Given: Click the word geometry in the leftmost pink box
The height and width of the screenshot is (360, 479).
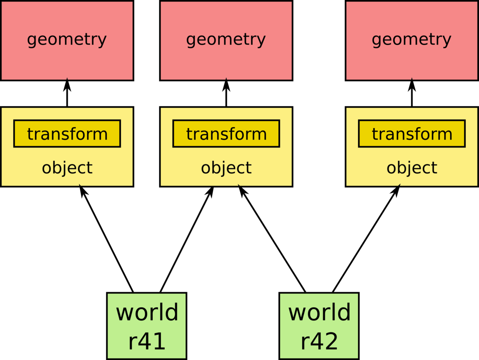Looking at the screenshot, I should click(67, 40).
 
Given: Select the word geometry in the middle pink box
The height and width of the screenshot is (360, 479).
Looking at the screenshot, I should click(226, 40).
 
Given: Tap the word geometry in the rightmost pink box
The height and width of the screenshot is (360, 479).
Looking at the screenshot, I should click(411, 40).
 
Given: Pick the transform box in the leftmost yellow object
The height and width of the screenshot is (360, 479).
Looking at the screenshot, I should click(67, 134).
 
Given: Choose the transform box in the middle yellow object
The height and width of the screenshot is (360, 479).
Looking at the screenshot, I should click(226, 134).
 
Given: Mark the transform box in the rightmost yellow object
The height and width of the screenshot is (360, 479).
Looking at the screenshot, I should click(412, 134).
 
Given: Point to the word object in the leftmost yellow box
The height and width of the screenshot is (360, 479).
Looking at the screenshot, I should click(67, 168).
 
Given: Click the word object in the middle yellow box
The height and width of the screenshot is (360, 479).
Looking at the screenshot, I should click(226, 168).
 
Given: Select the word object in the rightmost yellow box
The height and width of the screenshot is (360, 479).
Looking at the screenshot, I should click(412, 168).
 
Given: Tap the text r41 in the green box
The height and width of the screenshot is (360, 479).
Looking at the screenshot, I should click(147, 342).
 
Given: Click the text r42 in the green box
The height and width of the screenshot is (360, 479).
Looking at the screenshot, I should click(319, 342).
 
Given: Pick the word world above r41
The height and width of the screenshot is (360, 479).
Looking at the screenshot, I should click(147, 312).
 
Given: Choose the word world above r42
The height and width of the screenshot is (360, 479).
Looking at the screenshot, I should click(319, 312).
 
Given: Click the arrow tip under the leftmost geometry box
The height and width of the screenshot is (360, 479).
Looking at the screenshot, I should click(67, 79).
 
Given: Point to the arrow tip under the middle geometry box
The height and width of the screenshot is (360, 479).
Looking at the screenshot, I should click(226, 79).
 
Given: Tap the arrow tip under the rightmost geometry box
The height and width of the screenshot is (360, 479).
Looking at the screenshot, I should click(412, 79).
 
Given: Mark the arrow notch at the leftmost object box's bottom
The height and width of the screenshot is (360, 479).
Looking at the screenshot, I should click(80, 185).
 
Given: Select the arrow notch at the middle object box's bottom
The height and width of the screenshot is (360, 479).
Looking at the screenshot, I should click(239, 185).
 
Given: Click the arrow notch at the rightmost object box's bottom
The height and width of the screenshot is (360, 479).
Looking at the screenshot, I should click(399, 185).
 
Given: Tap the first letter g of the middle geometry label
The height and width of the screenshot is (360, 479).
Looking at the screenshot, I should click(191, 40).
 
